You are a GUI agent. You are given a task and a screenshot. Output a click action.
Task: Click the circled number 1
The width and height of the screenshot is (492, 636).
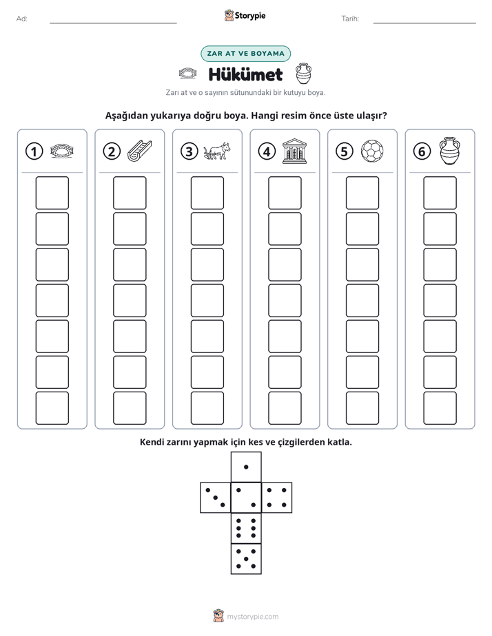pyautogui.click(x=34, y=151)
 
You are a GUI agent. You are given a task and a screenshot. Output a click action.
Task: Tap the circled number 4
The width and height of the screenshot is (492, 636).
pyautogui.click(x=267, y=151)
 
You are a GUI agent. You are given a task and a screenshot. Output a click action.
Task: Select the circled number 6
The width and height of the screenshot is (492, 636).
pyautogui.click(x=422, y=151)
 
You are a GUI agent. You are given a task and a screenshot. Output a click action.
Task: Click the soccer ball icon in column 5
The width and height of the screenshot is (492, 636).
pyautogui.click(x=372, y=151)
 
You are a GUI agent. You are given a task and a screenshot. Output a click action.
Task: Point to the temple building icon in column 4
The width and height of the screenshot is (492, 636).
pyautogui.click(x=295, y=151)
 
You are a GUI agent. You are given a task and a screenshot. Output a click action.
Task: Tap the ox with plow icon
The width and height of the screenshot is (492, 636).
pyautogui.click(x=217, y=151)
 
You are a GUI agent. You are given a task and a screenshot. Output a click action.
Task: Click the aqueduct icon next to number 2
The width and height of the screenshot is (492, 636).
pyautogui.click(x=140, y=151)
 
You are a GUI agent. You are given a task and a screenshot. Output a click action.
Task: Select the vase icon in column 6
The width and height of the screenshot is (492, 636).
pyautogui.click(x=450, y=151)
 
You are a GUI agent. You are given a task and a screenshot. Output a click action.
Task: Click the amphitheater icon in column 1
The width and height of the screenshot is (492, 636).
pyautogui.click(x=62, y=151)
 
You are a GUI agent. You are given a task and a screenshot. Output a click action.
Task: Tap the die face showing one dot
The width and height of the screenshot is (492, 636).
pyautogui.click(x=246, y=467)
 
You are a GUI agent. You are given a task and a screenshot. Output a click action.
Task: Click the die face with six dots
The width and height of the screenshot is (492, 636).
pyautogui.click(x=246, y=528)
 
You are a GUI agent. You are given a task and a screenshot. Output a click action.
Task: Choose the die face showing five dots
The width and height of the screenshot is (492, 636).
pyautogui.click(x=246, y=559)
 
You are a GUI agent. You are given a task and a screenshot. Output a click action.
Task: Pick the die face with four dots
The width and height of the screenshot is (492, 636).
pyautogui.click(x=277, y=498)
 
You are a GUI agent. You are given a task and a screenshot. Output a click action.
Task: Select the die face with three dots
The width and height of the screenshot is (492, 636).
pyautogui.click(x=216, y=498)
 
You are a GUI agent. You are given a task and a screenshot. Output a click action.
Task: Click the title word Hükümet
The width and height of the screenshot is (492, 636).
pyautogui.click(x=245, y=74)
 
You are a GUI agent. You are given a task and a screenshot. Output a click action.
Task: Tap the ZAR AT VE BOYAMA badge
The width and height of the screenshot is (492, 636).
pyautogui.click(x=245, y=54)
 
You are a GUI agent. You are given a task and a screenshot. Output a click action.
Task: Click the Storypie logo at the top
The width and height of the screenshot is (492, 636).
pyautogui.click(x=245, y=15)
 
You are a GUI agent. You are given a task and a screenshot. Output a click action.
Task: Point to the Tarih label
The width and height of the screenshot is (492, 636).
pyautogui.click(x=350, y=19)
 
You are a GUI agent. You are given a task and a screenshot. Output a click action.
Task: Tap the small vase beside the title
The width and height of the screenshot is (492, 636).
pyautogui.click(x=303, y=74)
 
